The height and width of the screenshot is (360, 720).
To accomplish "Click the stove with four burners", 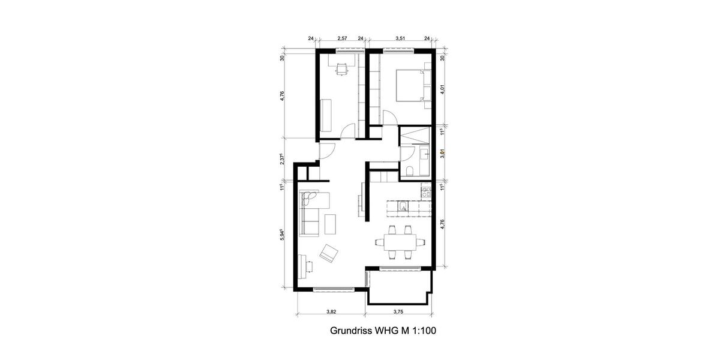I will [427, 193].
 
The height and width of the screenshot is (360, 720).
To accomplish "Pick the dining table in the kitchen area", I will [400, 242].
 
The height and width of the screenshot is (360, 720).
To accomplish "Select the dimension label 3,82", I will [331, 312].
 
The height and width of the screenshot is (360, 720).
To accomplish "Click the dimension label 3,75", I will [398, 312].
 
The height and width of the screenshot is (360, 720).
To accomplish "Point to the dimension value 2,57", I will [343, 38].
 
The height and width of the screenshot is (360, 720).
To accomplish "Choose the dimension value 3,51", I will [401, 38].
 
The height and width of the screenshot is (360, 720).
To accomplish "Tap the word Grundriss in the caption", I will [352, 331].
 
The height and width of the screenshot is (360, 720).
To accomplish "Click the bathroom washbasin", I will [424, 155].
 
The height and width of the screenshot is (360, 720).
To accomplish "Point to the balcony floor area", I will [399, 287].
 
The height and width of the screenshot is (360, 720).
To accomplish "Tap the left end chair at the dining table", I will [379, 242].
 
